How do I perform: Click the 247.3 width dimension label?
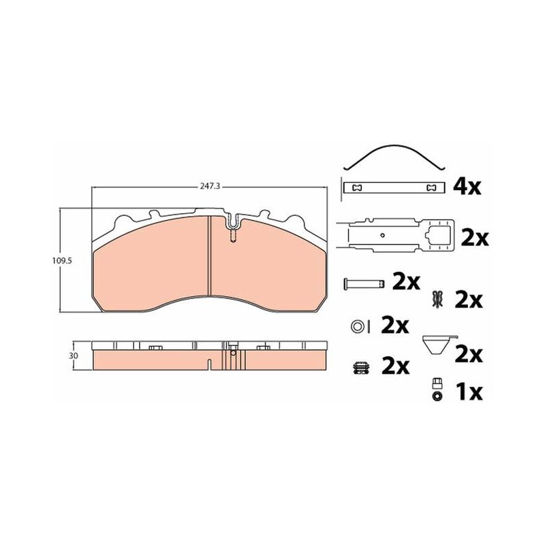tap(210, 186)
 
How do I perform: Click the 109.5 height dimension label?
tap(62, 261)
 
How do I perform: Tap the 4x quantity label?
tap(467, 187)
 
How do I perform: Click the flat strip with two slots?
tap(394, 188)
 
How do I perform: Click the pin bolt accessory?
tap(364, 283)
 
